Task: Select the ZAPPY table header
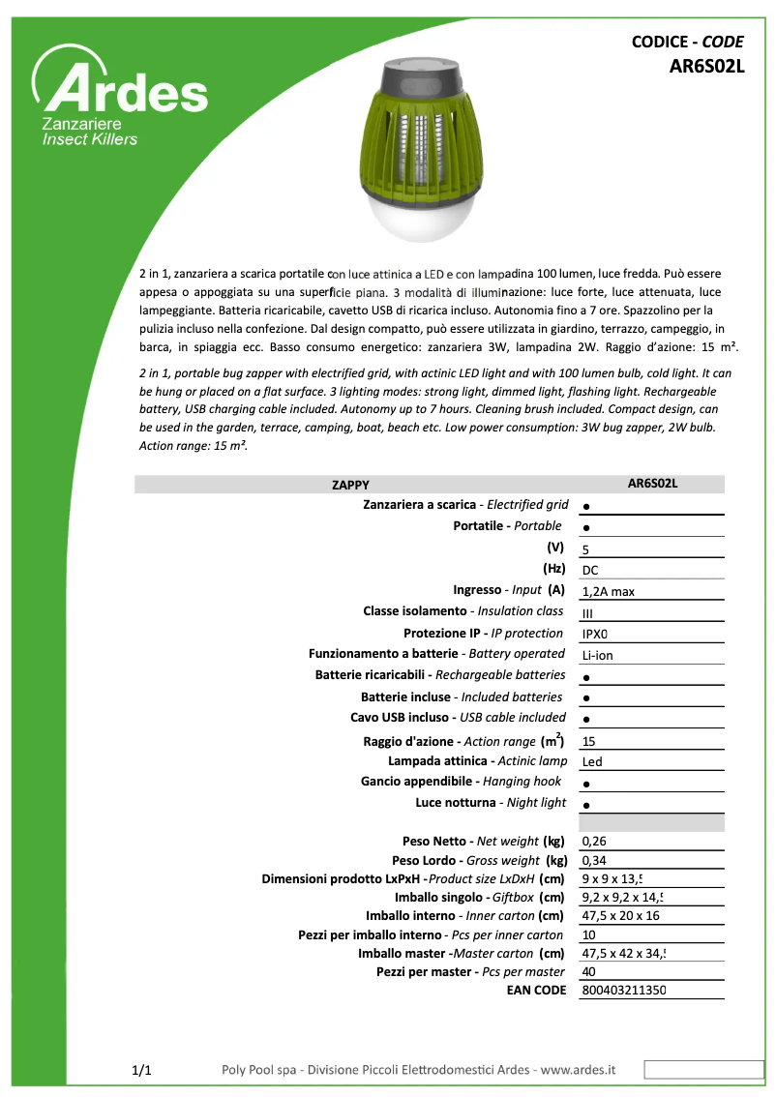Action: point(350,485)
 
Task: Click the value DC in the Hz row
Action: point(590,570)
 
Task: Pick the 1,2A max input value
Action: point(608,591)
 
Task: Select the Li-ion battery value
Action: point(597,655)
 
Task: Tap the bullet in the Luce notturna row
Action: point(587,805)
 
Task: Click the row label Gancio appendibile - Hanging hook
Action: point(461,781)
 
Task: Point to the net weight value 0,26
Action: point(594,842)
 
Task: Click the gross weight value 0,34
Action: point(594,860)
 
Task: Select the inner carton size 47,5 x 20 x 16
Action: point(620,915)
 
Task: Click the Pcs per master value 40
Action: point(588,971)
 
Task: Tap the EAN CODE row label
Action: point(536,990)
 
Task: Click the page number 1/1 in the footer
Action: point(141,1070)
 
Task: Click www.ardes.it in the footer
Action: point(578,1070)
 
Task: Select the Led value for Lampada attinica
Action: point(592,762)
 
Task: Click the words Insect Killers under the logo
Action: point(89,139)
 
